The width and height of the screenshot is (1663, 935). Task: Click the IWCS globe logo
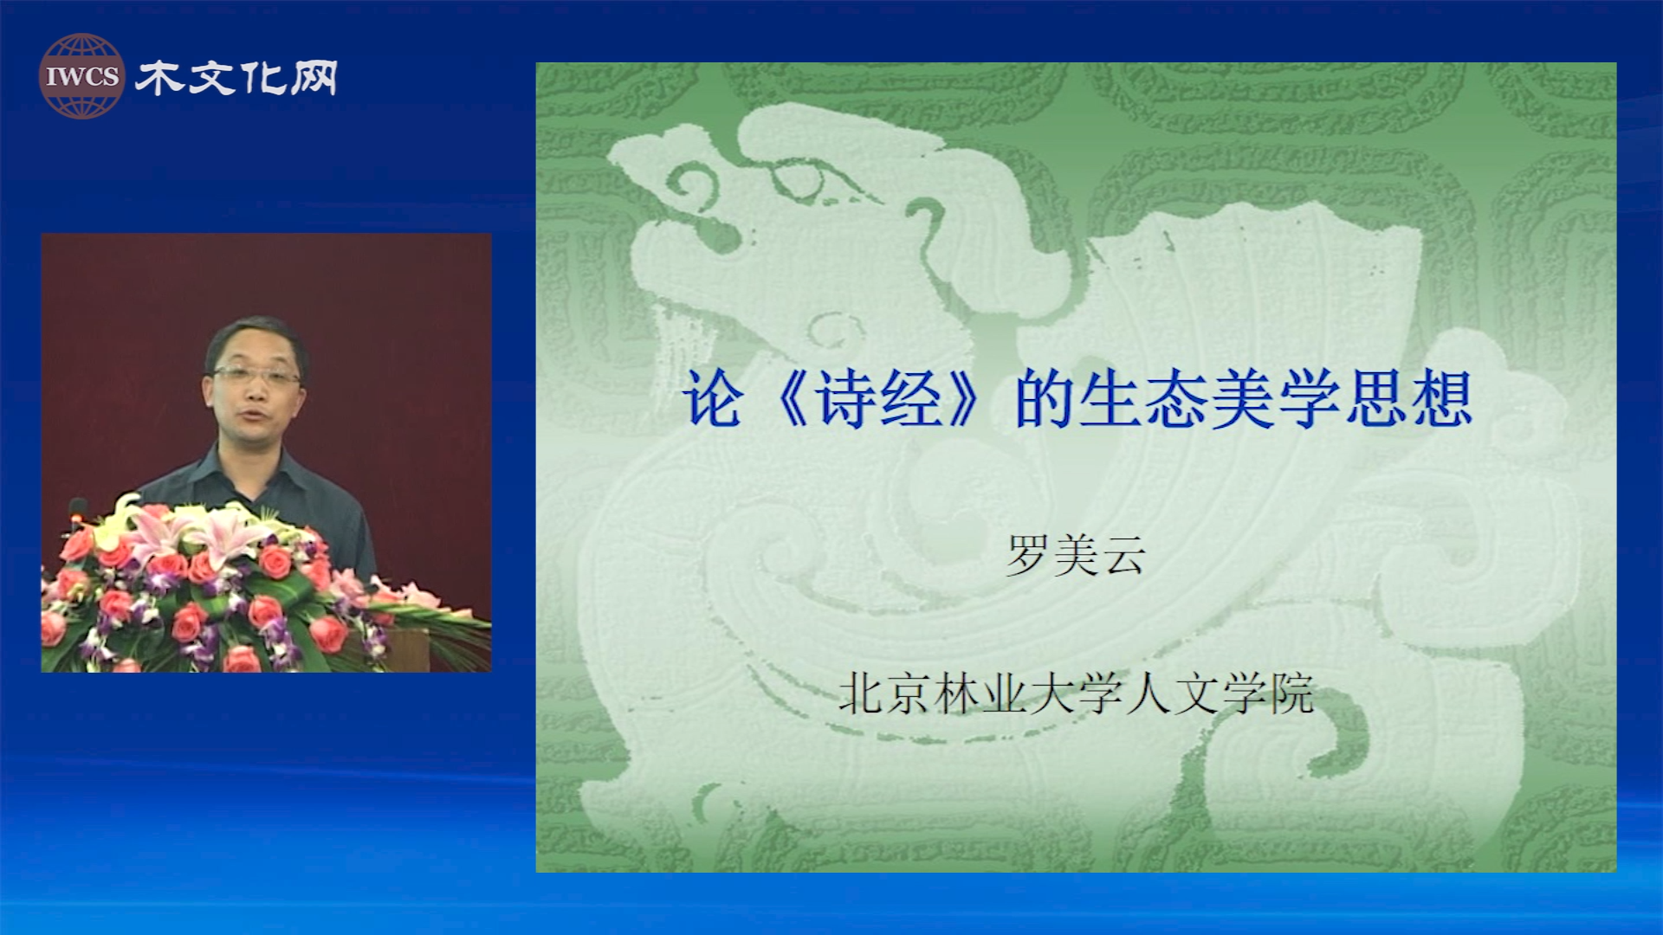point(81,76)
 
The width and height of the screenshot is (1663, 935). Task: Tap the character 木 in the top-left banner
point(159,78)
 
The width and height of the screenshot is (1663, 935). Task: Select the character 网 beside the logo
point(314,78)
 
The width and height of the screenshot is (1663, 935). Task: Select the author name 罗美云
point(1076,555)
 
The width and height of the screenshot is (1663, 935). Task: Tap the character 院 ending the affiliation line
point(1291,693)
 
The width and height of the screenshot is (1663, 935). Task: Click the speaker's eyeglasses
point(256,376)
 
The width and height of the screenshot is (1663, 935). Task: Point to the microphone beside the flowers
point(78,511)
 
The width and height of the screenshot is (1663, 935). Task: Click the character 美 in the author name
point(1076,555)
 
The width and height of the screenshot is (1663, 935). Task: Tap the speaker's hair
point(255,333)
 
